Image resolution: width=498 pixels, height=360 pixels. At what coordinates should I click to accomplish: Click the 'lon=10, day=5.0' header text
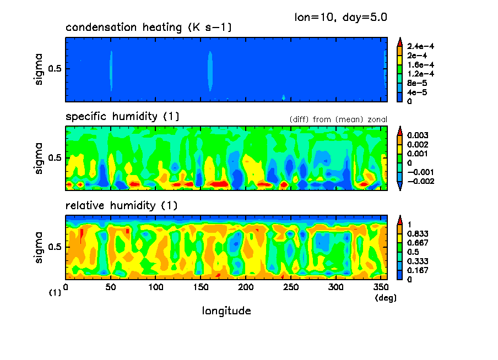coord(341,17)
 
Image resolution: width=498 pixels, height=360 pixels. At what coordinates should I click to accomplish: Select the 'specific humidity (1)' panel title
coord(122,117)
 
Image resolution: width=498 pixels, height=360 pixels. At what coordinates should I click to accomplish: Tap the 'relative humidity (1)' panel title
coord(122,206)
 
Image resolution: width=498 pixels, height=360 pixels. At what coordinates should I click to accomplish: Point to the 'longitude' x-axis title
coord(226,311)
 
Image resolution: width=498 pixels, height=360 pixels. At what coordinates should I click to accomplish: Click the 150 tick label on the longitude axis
coord(201,287)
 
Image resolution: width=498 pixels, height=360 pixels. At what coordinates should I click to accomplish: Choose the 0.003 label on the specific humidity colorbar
coord(416,135)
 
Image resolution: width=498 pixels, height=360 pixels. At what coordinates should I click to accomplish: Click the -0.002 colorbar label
coord(419,181)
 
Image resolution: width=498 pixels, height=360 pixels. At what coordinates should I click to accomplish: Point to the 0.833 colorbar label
coord(416,233)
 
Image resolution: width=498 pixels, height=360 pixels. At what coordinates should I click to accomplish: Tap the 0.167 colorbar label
coord(416,270)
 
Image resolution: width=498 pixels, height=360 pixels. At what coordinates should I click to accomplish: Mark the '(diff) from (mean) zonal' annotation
coord(338,119)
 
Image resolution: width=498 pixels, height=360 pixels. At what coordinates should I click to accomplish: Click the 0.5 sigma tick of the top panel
coord(57,69)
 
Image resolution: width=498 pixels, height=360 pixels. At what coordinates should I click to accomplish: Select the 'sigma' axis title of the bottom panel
coord(39,247)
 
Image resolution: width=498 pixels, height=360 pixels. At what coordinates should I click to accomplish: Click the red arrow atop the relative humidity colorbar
coord(400,220)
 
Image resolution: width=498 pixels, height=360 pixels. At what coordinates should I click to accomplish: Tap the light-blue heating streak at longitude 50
coord(111,70)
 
